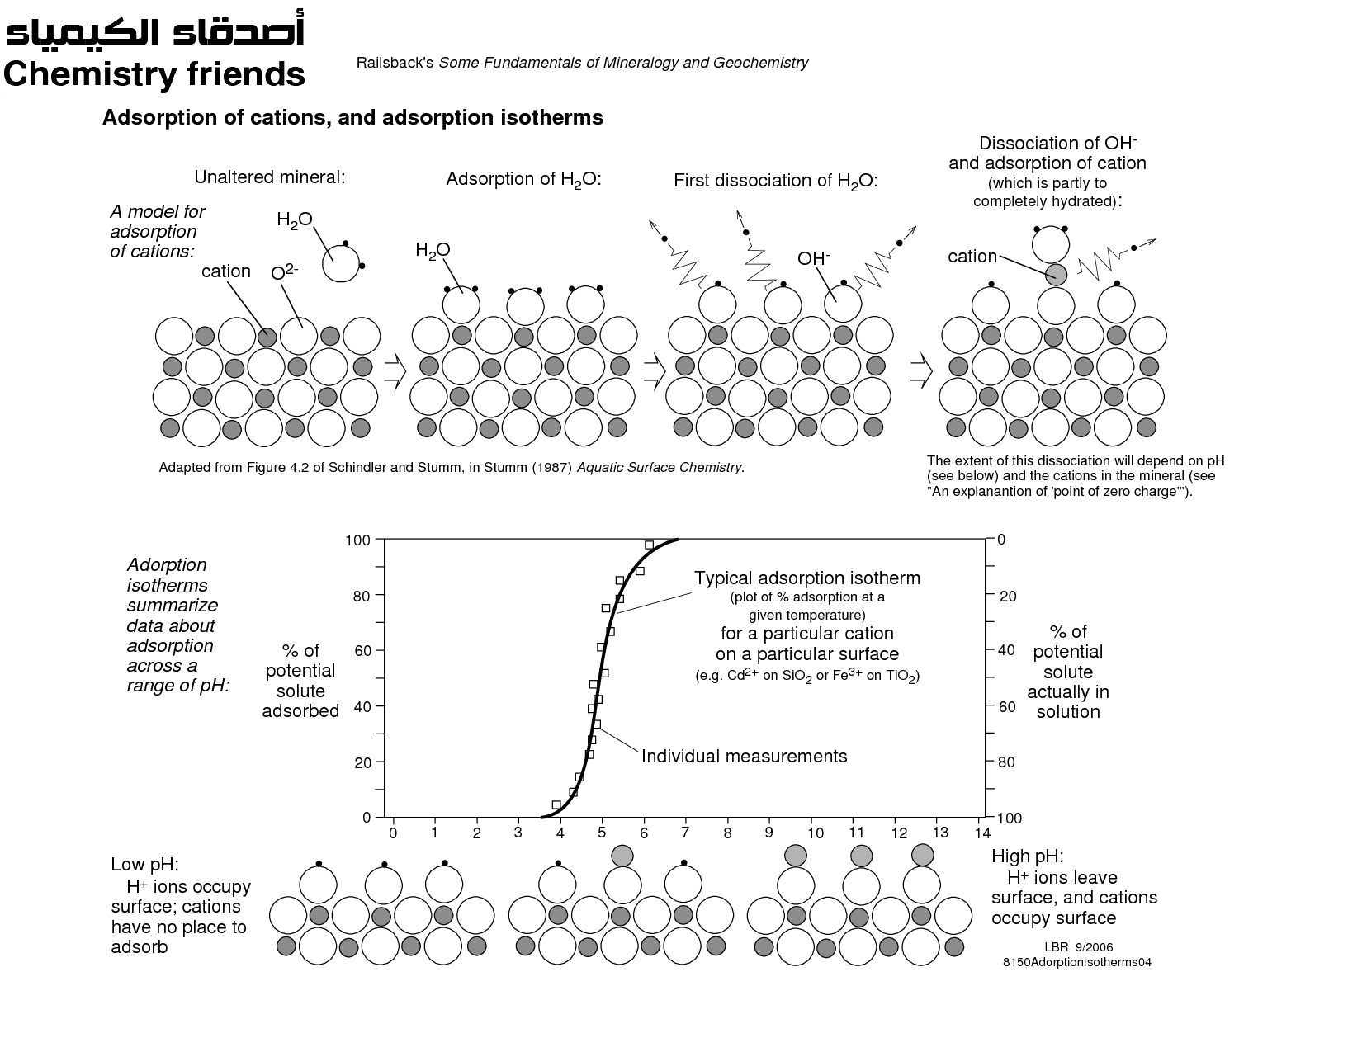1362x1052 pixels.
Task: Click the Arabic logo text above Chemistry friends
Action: point(155,29)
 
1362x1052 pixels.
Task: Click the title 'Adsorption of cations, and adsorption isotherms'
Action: point(352,117)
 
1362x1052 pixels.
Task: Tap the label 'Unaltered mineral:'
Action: point(270,177)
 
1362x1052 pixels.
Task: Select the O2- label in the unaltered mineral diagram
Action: point(285,272)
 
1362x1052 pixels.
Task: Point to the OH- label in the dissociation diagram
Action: point(814,258)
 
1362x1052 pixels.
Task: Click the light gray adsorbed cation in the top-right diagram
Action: point(1056,275)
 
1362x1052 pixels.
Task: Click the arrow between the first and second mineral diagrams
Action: point(395,371)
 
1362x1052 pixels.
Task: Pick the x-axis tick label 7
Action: point(685,833)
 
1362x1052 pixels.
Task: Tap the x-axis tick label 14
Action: point(982,833)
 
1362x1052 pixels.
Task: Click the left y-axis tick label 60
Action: point(362,650)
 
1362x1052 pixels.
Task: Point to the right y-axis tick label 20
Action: point(1008,596)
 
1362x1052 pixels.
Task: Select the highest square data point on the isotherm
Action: point(650,545)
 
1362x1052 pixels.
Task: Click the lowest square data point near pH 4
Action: point(556,804)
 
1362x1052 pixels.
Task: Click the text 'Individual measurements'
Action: point(744,757)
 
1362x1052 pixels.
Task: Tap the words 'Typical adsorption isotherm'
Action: point(806,578)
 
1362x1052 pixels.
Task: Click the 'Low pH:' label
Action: point(144,864)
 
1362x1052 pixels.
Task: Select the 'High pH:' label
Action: point(1028,856)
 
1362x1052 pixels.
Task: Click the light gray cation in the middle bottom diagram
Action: point(622,856)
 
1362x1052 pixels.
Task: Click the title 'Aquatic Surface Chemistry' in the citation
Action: point(660,467)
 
